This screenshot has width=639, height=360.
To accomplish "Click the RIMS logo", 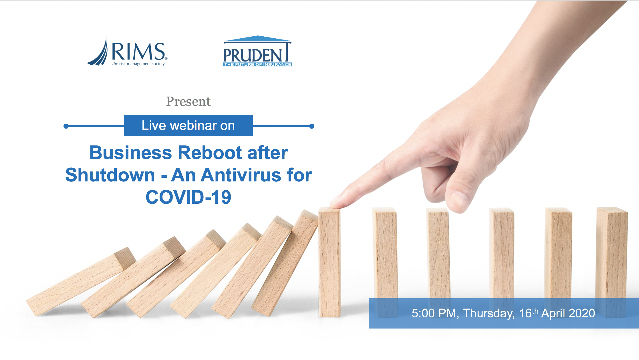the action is [127, 52].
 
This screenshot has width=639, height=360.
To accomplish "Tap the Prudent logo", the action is [257, 51].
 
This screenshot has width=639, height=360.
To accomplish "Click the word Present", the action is [188, 101].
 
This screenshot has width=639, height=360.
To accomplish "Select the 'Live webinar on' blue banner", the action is [188, 126].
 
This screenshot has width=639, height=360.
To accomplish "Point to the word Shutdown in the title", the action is [110, 175].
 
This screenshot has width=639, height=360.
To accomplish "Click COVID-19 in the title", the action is [188, 197].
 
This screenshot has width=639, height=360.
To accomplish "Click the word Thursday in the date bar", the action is [489, 313].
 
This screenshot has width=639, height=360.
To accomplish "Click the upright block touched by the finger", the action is [330, 262].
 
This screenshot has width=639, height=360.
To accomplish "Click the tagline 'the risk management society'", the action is [138, 64].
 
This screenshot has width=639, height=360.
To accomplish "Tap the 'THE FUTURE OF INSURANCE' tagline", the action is [258, 64].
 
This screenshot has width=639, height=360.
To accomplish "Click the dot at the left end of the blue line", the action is [66, 126].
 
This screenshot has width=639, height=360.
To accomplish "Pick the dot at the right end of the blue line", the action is [312, 126].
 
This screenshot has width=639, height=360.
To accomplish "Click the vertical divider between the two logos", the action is [197, 51].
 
